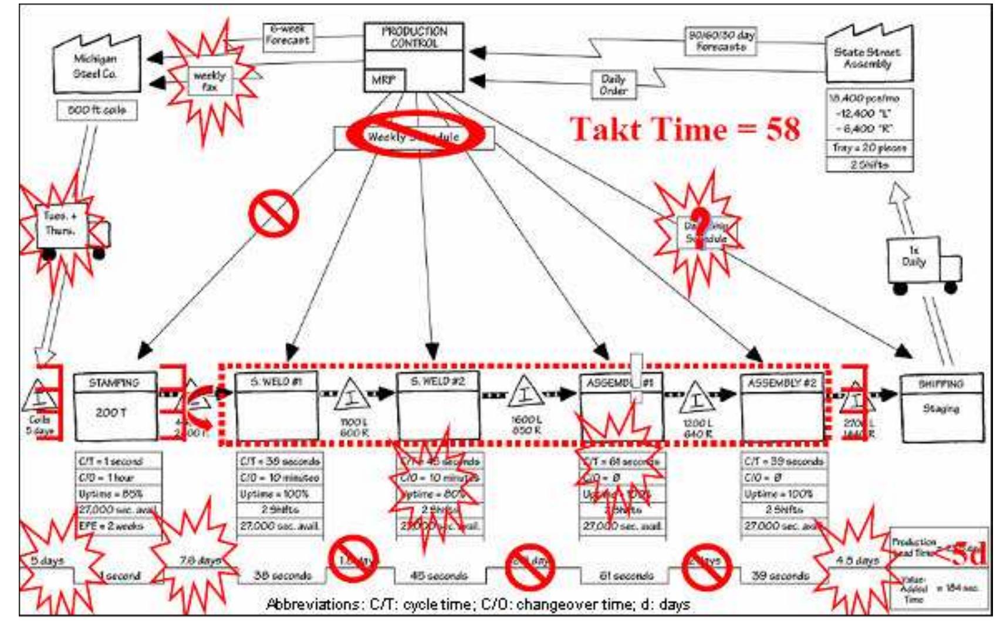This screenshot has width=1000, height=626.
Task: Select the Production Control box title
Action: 414,36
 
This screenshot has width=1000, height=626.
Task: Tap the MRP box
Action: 384,80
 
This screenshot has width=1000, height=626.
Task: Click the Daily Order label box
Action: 614,85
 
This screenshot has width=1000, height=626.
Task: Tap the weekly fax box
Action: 210,81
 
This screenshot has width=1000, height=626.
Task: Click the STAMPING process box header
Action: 115,383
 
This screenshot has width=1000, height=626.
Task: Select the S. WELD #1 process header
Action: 276,381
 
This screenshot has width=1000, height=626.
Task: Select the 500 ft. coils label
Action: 97,110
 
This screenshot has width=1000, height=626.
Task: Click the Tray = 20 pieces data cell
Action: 869,148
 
